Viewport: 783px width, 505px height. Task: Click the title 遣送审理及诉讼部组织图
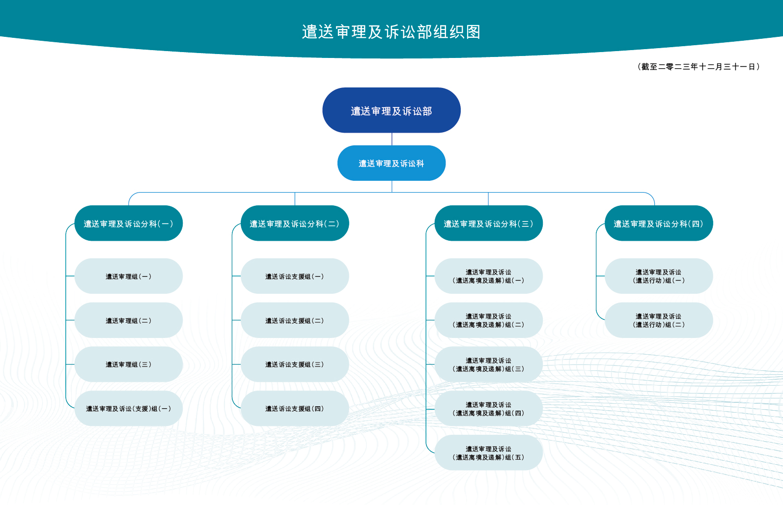click(391, 32)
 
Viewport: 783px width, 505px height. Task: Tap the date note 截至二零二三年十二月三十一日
click(699, 67)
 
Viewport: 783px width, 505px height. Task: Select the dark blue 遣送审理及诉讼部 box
click(391, 110)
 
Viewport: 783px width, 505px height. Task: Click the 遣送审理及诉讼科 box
click(391, 163)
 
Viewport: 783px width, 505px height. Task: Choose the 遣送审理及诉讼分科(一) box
click(129, 223)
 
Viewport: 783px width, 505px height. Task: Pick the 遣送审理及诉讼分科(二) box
click(295, 223)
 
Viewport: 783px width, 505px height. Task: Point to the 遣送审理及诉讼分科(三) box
click(488, 223)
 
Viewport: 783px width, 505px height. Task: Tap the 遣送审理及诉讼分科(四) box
click(659, 223)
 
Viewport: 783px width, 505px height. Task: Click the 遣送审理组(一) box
click(129, 276)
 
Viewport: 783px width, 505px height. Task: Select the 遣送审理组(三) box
click(129, 364)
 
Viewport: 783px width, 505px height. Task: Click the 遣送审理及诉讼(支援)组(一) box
click(129, 408)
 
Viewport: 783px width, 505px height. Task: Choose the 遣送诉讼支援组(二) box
click(295, 320)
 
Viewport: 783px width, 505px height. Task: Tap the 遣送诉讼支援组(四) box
click(295, 408)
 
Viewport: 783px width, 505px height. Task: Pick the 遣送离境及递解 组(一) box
click(488, 276)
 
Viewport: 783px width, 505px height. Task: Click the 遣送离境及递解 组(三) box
click(488, 364)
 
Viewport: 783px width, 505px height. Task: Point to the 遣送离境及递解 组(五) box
click(488, 452)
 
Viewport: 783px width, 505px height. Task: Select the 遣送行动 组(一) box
click(659, 276)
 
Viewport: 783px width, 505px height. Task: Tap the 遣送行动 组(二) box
click(659, 320)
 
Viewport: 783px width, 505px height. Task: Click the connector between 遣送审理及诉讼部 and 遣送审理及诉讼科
click(392, 139)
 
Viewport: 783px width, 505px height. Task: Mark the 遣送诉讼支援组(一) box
click(295, 276)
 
